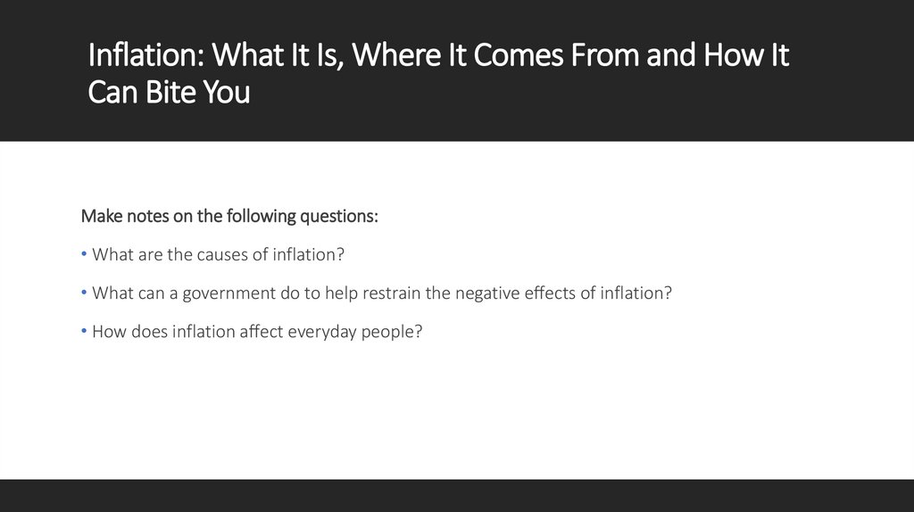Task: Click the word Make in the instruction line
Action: tap(100, 216)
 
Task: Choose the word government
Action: tap(236, 293)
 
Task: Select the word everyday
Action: tap(321, 333)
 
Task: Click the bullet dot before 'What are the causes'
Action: tap(84, 255)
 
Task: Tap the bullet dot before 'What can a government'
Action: tap(84, 293)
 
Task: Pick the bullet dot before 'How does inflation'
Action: tap(84, 332)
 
